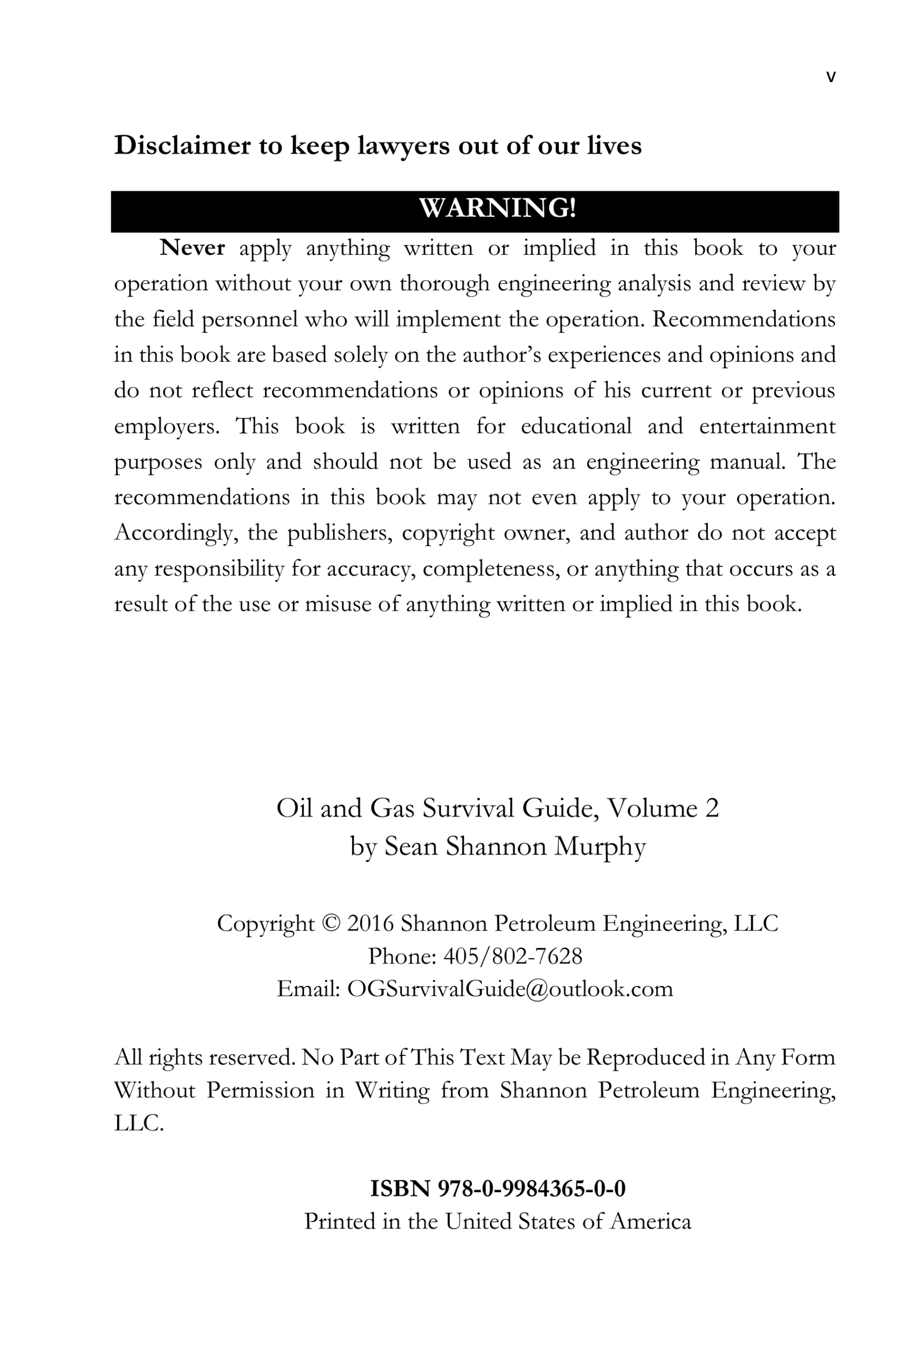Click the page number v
[x=831, y=77]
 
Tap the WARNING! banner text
[x=497, y=208]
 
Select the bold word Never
[x=192, y=248]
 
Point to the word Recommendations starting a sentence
[x=743, y=320]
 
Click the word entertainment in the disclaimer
[x=767, y=426]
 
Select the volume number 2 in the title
[x=712, y=809]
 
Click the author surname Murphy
[x=599, y=847]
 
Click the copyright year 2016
[x=370, y=923]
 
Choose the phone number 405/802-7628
[x=512, y=956]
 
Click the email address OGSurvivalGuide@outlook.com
[x=510, y=989]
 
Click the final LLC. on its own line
[x=139, y=1124]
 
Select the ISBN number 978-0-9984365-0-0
[x=531, y=1189]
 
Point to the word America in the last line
[x=650, y=1222]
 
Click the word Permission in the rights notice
[x=260, y=1091]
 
